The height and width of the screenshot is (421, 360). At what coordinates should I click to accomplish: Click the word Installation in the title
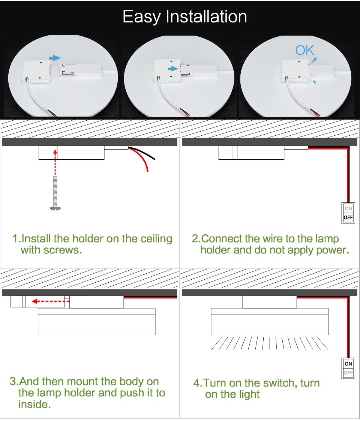206,16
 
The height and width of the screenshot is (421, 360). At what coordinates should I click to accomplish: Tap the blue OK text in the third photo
304,50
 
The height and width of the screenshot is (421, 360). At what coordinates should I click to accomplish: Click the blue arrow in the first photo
55,58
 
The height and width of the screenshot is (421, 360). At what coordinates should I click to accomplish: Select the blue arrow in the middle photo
173,69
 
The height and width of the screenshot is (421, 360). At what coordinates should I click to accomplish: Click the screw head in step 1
55,208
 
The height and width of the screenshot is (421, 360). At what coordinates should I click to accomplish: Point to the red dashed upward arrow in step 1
55,162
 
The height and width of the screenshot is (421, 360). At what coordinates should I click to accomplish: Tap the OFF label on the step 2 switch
348,217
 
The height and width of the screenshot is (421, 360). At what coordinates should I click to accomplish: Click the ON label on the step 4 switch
348,364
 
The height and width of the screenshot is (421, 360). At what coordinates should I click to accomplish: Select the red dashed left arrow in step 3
51,301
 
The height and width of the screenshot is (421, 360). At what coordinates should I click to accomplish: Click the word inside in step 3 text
34,404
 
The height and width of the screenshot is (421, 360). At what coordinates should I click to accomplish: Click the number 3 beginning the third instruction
13,382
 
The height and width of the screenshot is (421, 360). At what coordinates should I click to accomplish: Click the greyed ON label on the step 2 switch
348,208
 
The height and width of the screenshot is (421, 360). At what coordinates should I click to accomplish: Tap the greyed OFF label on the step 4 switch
348,373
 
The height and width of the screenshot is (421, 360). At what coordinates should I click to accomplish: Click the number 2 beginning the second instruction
195,239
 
